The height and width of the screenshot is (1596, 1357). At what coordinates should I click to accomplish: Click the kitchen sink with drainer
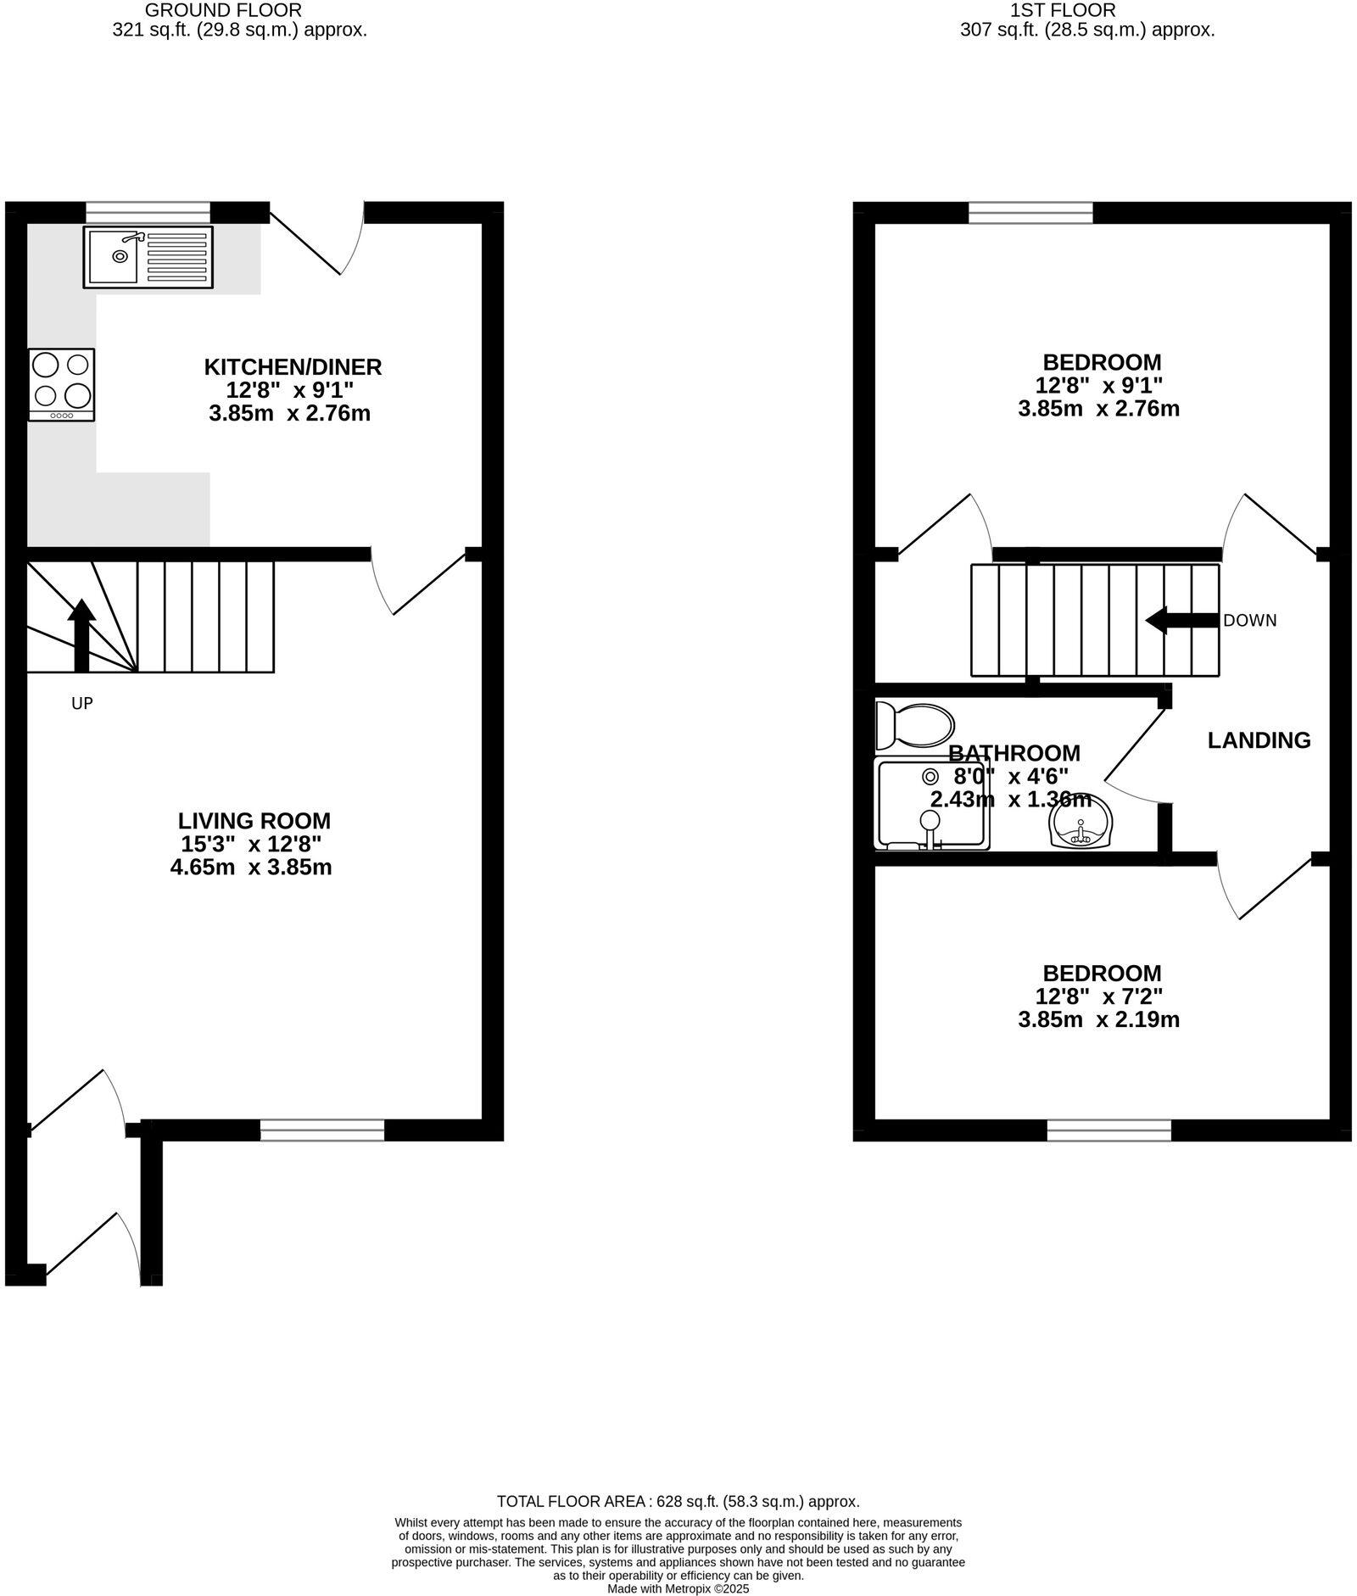tap(148, 256)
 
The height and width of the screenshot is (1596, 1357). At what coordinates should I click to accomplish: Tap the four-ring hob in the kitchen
tap(61, 384)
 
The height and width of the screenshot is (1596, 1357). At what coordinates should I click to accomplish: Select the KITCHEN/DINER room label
tap(293, 367)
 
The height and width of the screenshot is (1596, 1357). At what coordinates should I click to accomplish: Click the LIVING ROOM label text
tap(254, 821)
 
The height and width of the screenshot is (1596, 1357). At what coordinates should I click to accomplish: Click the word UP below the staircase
tap(81, 703)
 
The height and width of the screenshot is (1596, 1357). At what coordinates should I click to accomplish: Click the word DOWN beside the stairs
tap(1249, 621)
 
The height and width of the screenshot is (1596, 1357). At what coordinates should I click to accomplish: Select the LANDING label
tap(1259, 740)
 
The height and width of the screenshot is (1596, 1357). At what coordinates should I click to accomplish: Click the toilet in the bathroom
tap(913, 726)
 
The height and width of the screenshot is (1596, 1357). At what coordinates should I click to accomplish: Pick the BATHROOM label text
tap(1014, 753)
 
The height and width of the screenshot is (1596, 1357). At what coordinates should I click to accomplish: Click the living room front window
tap(321, 1129)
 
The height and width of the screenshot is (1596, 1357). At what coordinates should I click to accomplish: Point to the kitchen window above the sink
tap(148, 212)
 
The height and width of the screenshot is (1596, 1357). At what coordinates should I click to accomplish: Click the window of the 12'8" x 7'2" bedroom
tap(1108, 1130)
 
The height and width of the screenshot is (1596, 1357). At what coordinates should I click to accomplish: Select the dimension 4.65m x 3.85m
tap(250, 868)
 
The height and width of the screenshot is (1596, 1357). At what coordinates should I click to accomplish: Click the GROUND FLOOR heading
tap(223, 11)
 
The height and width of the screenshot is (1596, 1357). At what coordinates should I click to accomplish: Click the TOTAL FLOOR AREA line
tap(678, 1502)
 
